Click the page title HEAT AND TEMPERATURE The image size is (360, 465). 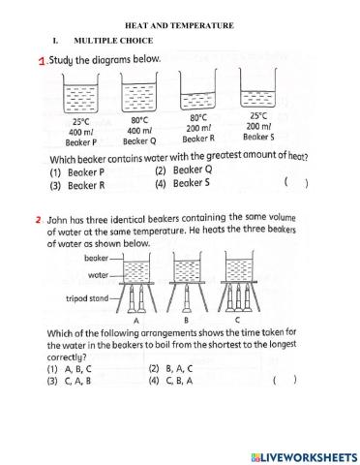(x=180, y=25)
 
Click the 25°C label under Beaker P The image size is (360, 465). (x=80, y=122)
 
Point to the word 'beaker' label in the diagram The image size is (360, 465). (x=97, y=259)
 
